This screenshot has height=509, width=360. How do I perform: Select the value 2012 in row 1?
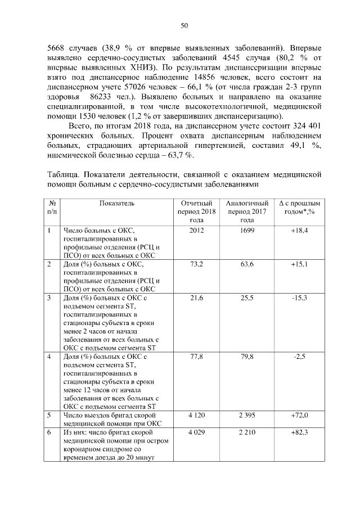click(x=197, y=231)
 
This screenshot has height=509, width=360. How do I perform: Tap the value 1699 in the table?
click(x=247, y=231)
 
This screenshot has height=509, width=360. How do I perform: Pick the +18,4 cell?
click(x=299, y=231)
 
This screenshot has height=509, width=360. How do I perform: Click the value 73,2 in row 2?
click(x=197, y=264)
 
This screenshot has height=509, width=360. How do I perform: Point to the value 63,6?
click(x=247, y=264)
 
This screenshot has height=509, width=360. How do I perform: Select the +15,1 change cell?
click(x=299, y=264)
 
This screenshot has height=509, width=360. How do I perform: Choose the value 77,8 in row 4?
click(x=197, y=357)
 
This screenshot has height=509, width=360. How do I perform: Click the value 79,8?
click(x=247, y=357)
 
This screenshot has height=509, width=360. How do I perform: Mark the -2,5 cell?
click(x=299, y=357)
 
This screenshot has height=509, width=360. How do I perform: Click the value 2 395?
click(x=247, y=415)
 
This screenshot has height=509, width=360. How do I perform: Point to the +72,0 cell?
click(x=299, y=415)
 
